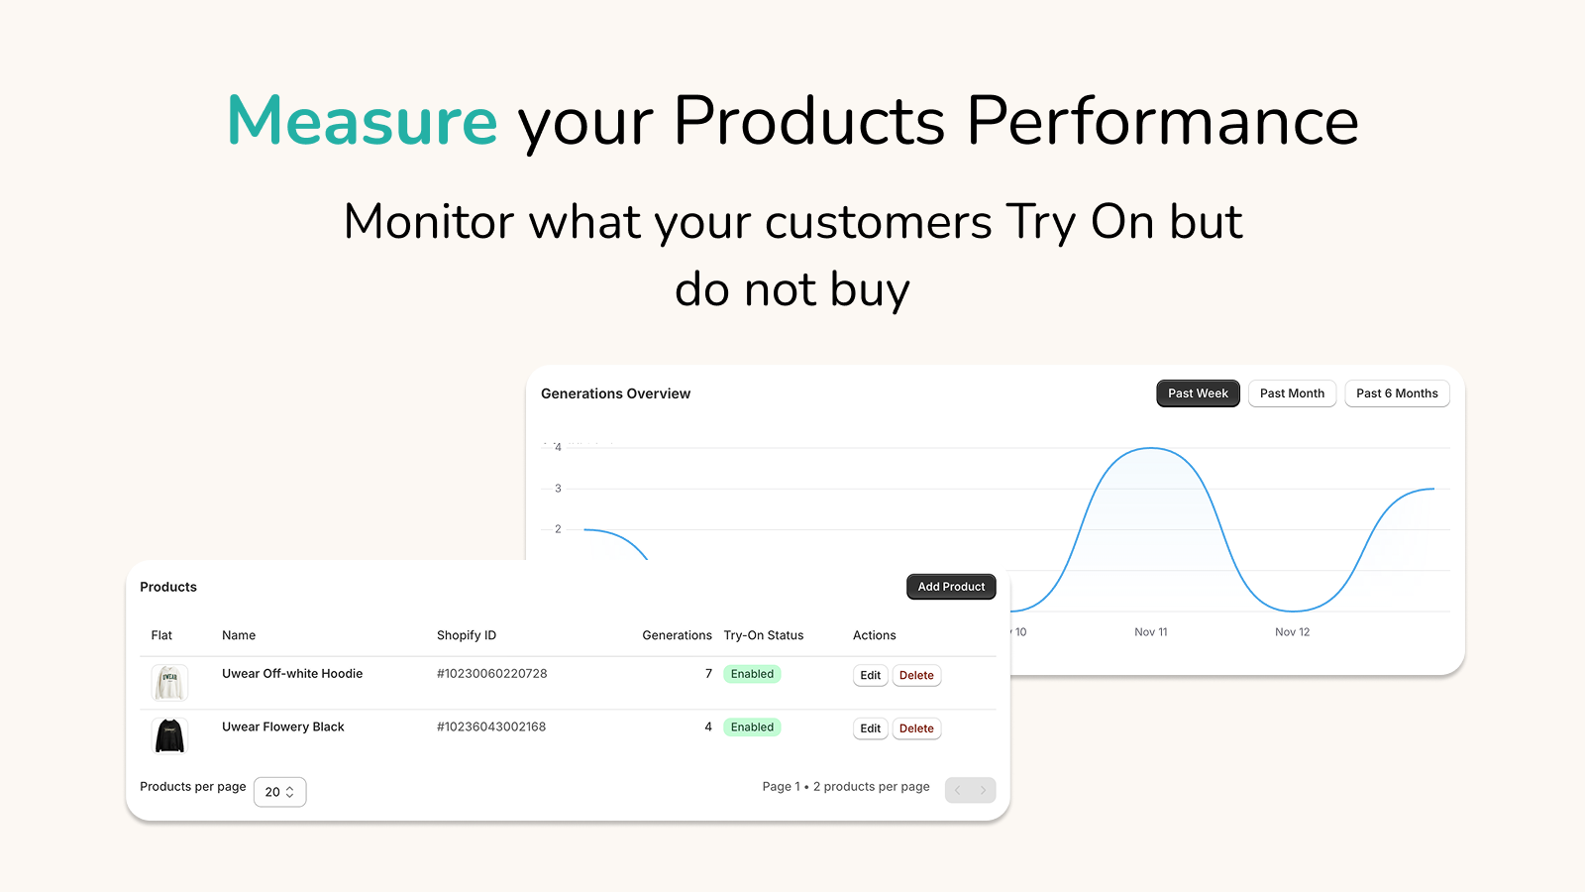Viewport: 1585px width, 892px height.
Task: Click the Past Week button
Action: click(x=1198, y=393)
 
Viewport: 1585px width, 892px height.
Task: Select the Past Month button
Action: click(x=1292, y=393)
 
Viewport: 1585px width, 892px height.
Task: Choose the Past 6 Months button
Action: click(x=1397, y=393)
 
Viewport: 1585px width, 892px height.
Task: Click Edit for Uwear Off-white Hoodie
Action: click(x=870, y=676)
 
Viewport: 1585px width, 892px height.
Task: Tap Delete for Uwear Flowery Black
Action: click(x=916, y=728)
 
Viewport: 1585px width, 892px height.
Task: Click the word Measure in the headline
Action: click(x=363, y=121)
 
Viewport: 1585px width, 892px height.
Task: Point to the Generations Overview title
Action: click(x=615, y=393)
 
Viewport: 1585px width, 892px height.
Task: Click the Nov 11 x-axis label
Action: click(x=1150, y=632)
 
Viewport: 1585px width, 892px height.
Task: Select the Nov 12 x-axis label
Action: click(x=1292, y=632)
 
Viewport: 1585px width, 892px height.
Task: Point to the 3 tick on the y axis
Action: click(x=558, y=489)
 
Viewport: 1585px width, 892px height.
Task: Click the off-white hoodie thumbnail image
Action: click(x=169, y=683)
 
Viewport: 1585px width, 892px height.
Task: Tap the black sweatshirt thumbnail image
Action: click(x=169, y=736)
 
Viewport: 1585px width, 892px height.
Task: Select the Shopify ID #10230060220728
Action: click(x=491, y=674)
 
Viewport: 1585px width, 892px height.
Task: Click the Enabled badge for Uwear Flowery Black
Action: click(x=752, y=727)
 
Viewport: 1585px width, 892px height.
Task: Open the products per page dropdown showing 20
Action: click(x=279, y=792)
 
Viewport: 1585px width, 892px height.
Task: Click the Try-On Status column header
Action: click(x=763, y=635)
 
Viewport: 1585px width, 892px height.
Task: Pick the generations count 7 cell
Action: click(x=708, y=674)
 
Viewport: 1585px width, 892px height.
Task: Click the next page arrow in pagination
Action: click(x=983, y=790)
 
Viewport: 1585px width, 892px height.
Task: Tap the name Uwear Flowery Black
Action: click(x=282, y=727)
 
